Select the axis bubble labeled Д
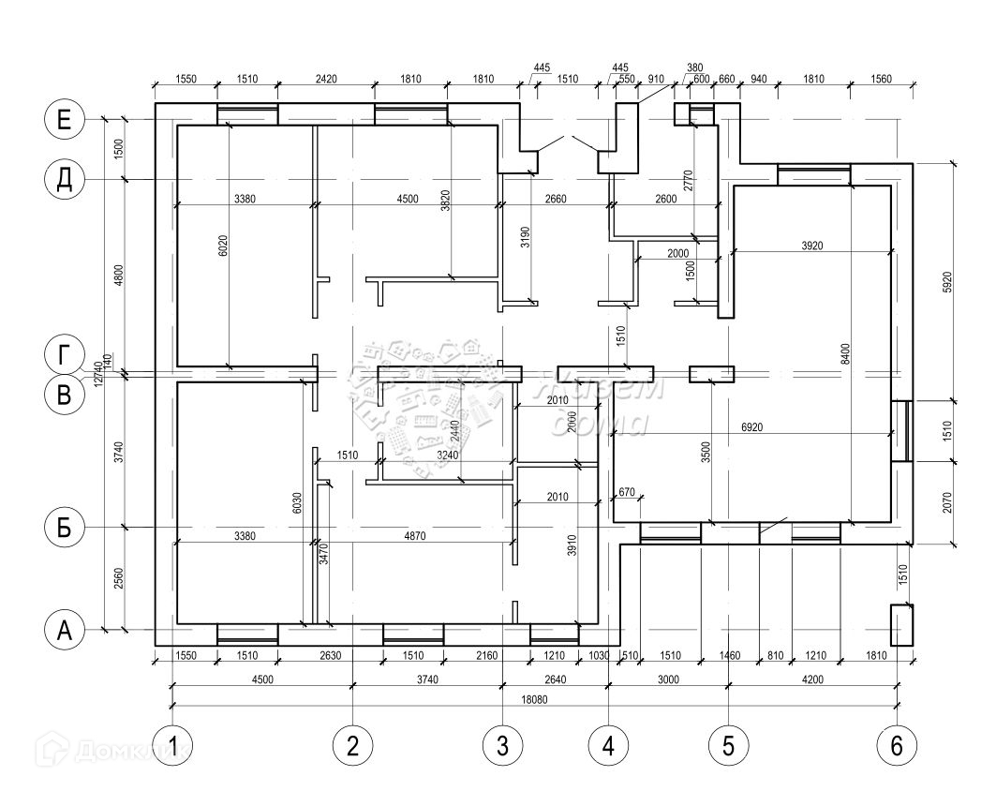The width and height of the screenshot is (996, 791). [65, 179]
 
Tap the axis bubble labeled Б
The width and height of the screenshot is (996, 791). [65, 528]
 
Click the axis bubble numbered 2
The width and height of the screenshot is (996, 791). [352, 746]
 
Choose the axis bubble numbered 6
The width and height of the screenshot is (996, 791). [897, 746]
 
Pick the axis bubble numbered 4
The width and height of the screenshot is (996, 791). [608, 746]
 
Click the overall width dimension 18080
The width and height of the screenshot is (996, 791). [535, 700]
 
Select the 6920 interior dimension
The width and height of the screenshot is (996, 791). [751, 427]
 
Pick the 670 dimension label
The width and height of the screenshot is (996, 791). [627, 492]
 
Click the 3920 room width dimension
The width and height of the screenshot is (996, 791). [812, 246]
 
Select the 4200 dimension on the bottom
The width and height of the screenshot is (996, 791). [811, 679]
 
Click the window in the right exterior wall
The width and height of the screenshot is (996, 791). [902, 431]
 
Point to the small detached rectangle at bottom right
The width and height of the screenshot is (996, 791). [900, 625]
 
